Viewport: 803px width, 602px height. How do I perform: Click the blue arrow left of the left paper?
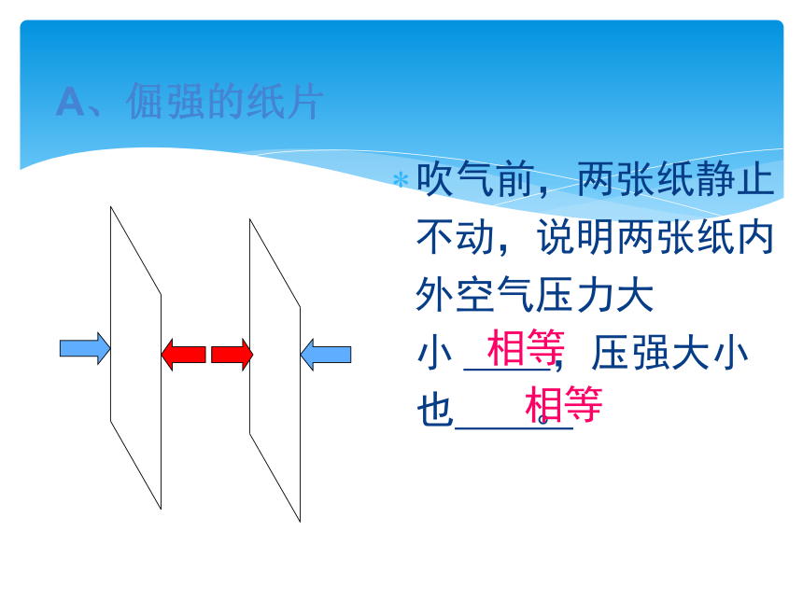[x=85, y=349]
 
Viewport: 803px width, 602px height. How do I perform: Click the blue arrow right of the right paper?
[x=326, y=355]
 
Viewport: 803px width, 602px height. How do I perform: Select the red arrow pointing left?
[x=183, y=355]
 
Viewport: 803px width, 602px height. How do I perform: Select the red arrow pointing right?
[x=232, y=355]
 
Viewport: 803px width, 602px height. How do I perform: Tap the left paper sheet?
[x=135, y=357]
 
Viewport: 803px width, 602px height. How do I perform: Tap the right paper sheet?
[x=275, y=371]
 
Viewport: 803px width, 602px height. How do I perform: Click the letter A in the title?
[x=70, y=102]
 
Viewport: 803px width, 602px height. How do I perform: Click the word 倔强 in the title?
[x=166, y=102]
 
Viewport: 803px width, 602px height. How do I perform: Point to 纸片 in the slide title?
[x=285, y=102]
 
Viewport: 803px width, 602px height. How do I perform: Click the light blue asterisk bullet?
[x=401, y=180]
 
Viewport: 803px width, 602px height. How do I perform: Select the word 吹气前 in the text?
[x=476, y=179]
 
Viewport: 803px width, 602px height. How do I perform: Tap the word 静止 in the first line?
[x=735, y=179]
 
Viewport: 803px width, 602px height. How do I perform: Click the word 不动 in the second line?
[x=456, y=237]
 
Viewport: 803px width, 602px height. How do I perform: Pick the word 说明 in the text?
[x=575, y=237]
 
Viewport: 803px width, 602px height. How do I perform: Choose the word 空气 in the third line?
[x=495, y=295]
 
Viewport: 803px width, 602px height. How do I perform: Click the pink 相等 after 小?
[x=526, y=347]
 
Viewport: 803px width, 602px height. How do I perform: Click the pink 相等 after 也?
[x=564, y=404]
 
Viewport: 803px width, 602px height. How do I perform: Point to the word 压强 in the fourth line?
[x=630, y=353]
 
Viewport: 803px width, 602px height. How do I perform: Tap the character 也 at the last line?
[x=435, y=410]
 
